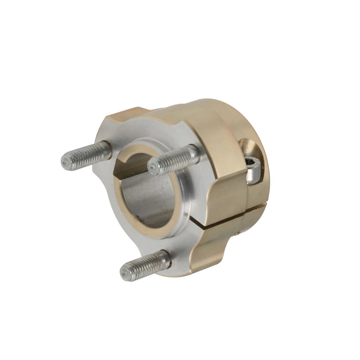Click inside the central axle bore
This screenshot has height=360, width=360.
(x=148, y=204)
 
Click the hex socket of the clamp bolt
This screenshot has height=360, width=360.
(x=251, y=163)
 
